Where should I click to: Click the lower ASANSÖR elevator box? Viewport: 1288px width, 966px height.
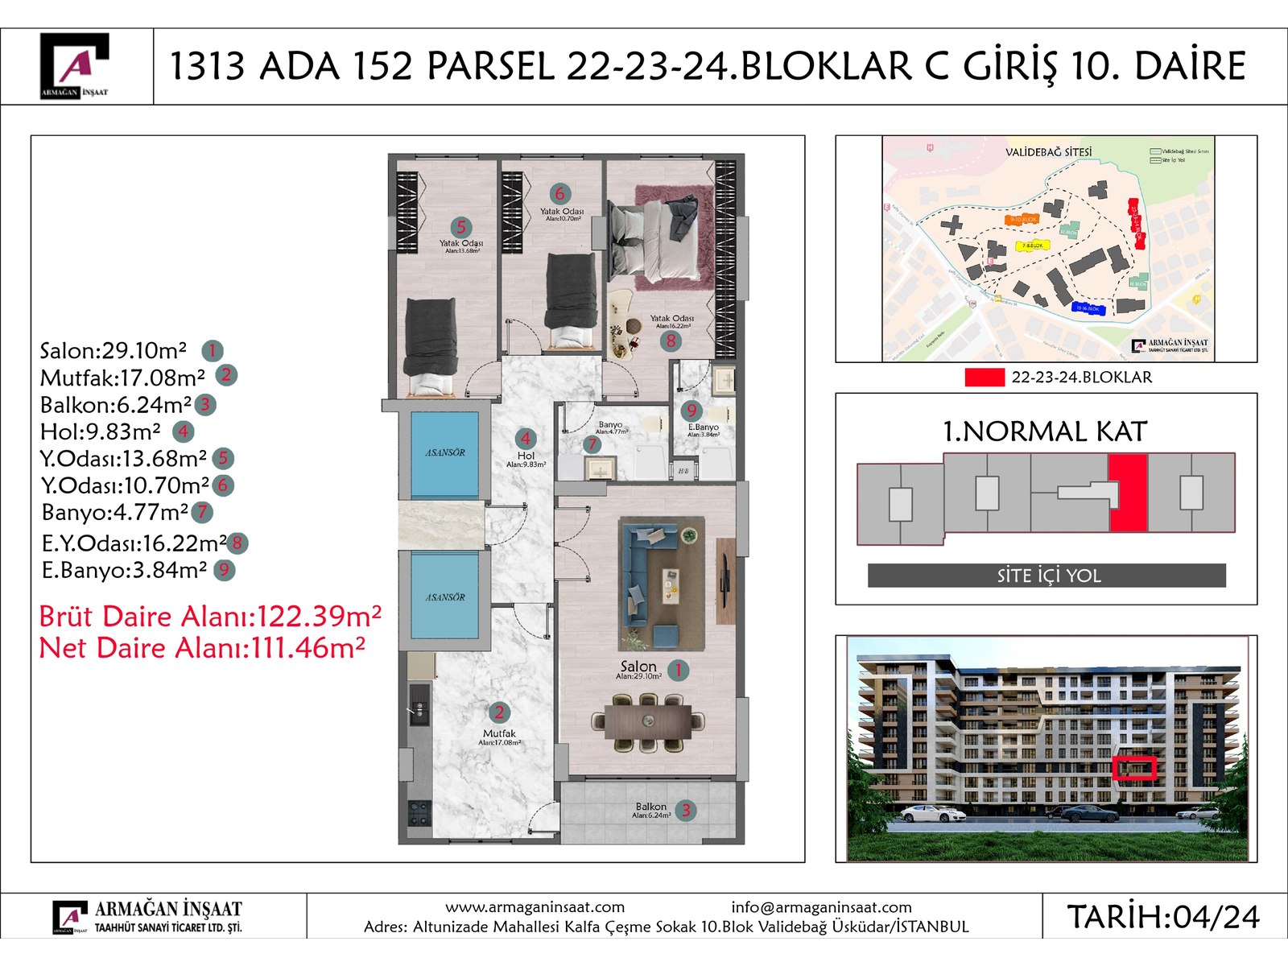pos(444,597)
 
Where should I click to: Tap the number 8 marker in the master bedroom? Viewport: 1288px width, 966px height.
pos(671,341)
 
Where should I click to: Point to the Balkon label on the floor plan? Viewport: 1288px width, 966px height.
pos(650,807)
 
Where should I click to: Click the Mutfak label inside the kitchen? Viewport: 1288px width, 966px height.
pos(499,733)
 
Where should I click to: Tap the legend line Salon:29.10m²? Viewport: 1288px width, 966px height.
pos(113,351)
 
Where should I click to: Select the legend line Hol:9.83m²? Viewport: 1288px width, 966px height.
pos(101,432)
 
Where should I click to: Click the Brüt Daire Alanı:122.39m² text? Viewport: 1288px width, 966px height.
pos(209,617)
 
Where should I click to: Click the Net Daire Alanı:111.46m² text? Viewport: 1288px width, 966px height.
pos(201,648)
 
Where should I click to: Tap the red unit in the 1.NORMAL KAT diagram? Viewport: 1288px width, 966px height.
pos(1128,493)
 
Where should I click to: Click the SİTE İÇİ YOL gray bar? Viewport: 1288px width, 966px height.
pos(1046,576)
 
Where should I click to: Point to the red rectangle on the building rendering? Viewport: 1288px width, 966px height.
pos(1134,768)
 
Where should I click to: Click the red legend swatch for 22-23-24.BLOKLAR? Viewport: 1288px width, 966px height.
pos(984,377)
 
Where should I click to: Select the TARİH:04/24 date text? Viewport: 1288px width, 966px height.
pos(1162,917)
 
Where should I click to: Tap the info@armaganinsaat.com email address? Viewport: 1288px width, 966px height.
pos(821,907)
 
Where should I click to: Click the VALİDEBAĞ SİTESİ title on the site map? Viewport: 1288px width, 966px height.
pos(1048,152)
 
